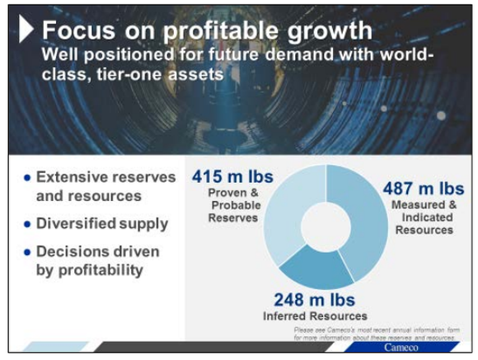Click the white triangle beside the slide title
27,30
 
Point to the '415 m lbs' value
232,177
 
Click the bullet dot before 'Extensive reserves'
28,178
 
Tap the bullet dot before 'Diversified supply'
28,224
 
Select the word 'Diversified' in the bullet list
75,223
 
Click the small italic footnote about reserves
375,334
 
